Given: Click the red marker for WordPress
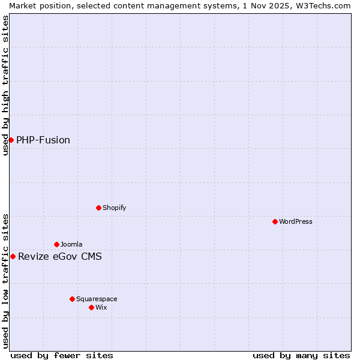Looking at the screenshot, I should (275, 221).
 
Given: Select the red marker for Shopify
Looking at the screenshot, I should (98, 208).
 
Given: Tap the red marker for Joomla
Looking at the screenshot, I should (56, 244).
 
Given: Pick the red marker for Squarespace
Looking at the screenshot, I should (72, 299).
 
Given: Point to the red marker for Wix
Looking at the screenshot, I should (91, 307).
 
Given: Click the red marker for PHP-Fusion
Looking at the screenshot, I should (11, 140).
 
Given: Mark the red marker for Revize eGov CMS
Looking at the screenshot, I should (13, 256).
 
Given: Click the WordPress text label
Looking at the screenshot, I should (296, 221).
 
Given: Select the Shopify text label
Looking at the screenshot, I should (114, 208).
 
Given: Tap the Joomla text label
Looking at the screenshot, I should (71, 244).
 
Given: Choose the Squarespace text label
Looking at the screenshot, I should (97, 299).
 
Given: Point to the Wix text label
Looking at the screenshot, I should (101, 307).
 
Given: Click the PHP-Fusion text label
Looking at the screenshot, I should (43, 140).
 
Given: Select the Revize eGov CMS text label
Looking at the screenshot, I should (60, 257).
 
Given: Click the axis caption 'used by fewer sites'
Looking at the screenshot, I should (62, 355).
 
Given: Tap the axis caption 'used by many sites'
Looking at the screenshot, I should (301, 355).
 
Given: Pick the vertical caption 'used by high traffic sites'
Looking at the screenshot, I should (5, 85).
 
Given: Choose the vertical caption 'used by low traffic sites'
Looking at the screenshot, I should (5, 280).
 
